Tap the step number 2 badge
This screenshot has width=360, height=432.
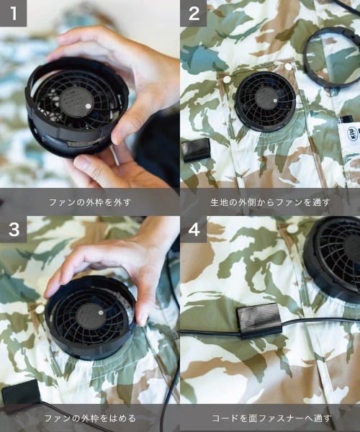193,13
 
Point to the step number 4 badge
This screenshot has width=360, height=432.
193,230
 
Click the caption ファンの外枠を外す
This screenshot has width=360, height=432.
89,202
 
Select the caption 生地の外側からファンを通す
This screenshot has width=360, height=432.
270,202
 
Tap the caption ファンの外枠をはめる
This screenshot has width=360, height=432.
89,418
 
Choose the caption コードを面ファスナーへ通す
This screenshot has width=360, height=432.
270,418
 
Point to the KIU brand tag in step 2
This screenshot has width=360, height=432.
353,134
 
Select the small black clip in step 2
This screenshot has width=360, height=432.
196,149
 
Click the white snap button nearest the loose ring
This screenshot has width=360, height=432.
289,66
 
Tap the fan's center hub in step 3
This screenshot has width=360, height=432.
91,317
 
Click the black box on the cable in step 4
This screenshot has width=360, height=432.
258,319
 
